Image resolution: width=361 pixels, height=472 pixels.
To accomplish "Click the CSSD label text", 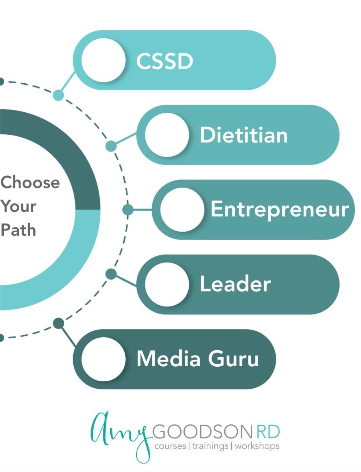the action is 164,61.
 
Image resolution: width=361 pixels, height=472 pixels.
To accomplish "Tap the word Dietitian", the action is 244,135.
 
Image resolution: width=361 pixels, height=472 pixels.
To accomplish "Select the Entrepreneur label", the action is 280,210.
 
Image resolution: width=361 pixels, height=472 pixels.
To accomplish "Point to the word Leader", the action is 235,284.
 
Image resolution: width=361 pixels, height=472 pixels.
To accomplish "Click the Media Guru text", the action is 198,359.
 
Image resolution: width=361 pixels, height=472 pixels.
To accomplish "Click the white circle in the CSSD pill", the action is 103,61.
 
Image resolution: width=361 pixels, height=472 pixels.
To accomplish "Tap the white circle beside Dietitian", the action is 167,135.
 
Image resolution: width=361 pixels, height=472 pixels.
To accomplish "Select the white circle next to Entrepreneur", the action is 182,209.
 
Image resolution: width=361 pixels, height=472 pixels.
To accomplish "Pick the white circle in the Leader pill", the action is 167,284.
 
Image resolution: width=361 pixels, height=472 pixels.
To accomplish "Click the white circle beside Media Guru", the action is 103,359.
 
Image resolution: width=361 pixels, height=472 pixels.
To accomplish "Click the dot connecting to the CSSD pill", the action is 58,95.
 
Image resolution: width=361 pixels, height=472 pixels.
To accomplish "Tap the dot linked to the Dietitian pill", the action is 111,146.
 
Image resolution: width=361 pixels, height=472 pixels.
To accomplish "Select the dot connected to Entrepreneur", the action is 128,210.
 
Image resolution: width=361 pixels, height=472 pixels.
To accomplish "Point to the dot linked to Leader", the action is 111,274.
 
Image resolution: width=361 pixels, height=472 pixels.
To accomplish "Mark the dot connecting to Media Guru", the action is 58,323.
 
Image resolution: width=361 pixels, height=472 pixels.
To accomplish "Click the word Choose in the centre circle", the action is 30,182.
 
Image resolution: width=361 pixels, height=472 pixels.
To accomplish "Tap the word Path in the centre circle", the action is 18,230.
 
